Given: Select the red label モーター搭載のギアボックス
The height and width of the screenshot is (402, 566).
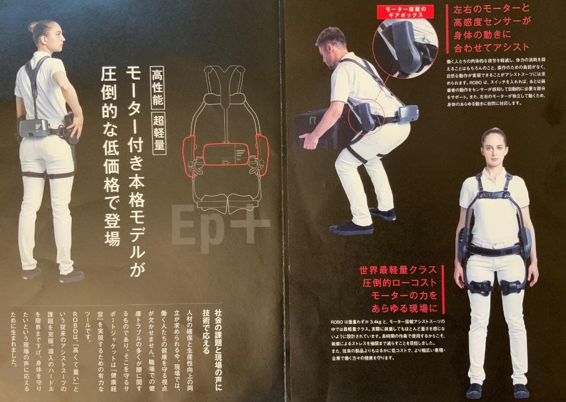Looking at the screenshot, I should [x=406, y=12].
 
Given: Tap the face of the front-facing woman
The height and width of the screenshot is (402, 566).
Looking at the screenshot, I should [x=494, y=149].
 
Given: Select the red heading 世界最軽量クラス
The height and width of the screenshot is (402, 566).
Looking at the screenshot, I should [x=398, y=271].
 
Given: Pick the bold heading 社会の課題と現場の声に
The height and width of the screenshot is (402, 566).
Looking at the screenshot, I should [x=219, y=346].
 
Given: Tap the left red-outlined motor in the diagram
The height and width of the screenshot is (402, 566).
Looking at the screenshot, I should [x=189, y=155].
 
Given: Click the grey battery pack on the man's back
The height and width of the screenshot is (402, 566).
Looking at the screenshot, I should [x=407, y=113].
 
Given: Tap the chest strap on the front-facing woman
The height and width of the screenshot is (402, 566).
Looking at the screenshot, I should [x=493, y=194].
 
